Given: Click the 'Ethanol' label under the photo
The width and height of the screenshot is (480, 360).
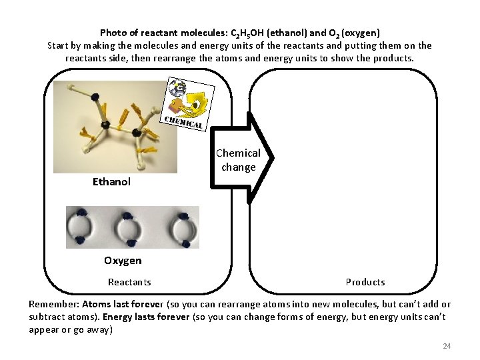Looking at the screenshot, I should [x=111, y=181].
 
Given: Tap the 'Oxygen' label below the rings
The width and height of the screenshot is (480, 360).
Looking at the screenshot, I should [x=123, y=260].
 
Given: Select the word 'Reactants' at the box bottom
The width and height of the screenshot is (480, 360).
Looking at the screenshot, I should [x=129, y=282].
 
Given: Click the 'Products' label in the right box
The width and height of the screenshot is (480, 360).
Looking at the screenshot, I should [x=365, y=282].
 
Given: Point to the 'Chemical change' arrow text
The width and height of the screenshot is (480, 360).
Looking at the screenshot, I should [x=238, y=160].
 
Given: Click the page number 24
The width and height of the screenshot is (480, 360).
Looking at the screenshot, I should [x=447, y=346].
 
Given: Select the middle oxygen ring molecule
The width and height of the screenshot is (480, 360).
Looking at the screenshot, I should [x=130, y=227].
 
